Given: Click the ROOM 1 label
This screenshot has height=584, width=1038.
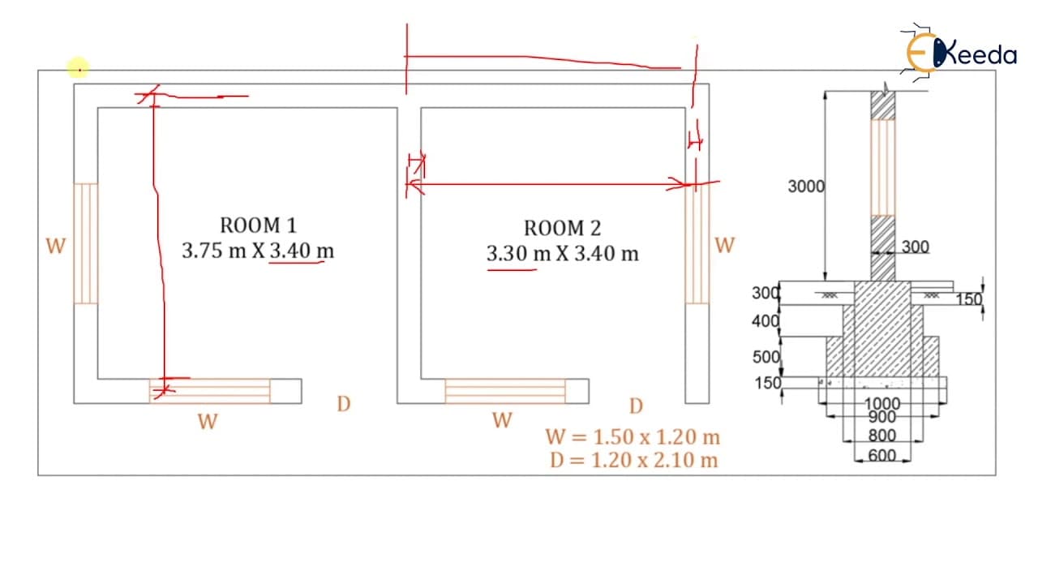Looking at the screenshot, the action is [x=258, y=225].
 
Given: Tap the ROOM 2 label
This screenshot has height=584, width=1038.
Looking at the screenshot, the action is [x=562, y=228].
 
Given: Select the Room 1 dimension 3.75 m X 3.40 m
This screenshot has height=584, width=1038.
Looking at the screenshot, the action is [x=258, y=251].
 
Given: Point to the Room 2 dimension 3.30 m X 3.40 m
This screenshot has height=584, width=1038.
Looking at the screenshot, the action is [x=562, y=254].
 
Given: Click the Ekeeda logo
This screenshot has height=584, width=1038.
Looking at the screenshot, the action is [x=959, y=54].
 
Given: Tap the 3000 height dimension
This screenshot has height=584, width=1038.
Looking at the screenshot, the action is [x=806, y=187].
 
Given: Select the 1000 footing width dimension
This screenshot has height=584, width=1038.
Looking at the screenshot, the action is [x=881, y=404].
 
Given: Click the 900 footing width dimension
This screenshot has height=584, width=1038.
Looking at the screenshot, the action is [x=881, y=417].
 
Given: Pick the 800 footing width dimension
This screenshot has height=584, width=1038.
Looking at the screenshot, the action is [x=881, y=436].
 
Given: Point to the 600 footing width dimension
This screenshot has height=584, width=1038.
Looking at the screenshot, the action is [x=881, y=456].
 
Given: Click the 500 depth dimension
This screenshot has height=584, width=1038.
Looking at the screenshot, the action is [x=766, y=357].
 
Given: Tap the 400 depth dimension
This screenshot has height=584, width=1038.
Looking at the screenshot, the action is [x=766, y=320].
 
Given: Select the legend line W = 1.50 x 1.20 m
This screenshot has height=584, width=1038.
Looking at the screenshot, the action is [x=633, y=437].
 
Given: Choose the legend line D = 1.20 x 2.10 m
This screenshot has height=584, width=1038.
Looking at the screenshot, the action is [x=633, y=460].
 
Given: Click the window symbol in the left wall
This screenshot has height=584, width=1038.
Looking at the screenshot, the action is [x=86, y=243].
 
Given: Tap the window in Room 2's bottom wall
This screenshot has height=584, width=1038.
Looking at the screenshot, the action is [x=505, y=391].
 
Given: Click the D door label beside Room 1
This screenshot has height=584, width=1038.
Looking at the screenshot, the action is [x=344, y=404].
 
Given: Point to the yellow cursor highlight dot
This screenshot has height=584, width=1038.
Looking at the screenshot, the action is [x=78, y=69].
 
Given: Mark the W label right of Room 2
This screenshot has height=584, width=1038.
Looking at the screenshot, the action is [x=725, y=245].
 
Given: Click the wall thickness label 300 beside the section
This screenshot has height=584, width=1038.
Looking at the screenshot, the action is [x=916, y=247].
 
